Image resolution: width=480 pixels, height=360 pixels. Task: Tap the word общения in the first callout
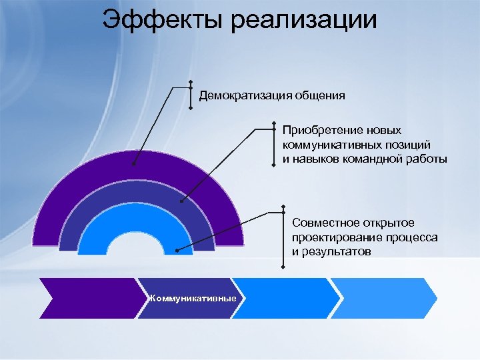pos(317,95)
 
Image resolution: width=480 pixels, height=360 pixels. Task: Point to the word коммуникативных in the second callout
pos(331,145)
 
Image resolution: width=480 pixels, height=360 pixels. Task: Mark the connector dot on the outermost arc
pos(134,163)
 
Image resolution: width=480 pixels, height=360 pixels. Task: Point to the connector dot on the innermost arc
pos(177,251)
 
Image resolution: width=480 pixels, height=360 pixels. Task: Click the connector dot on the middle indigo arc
pos(182,199)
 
